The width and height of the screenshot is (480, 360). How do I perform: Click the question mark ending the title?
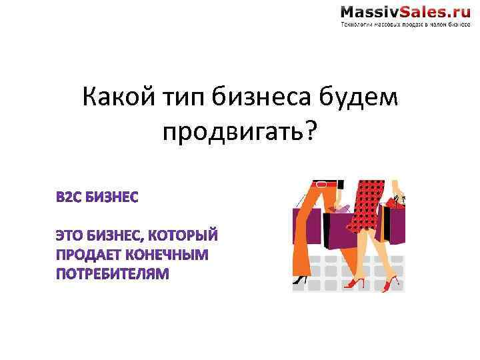[311, 133]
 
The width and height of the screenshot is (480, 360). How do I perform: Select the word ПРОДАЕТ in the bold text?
[84, 255]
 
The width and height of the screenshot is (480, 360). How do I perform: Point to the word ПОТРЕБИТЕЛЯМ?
[113, 273]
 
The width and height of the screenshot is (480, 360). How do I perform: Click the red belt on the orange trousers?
[325, 183]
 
